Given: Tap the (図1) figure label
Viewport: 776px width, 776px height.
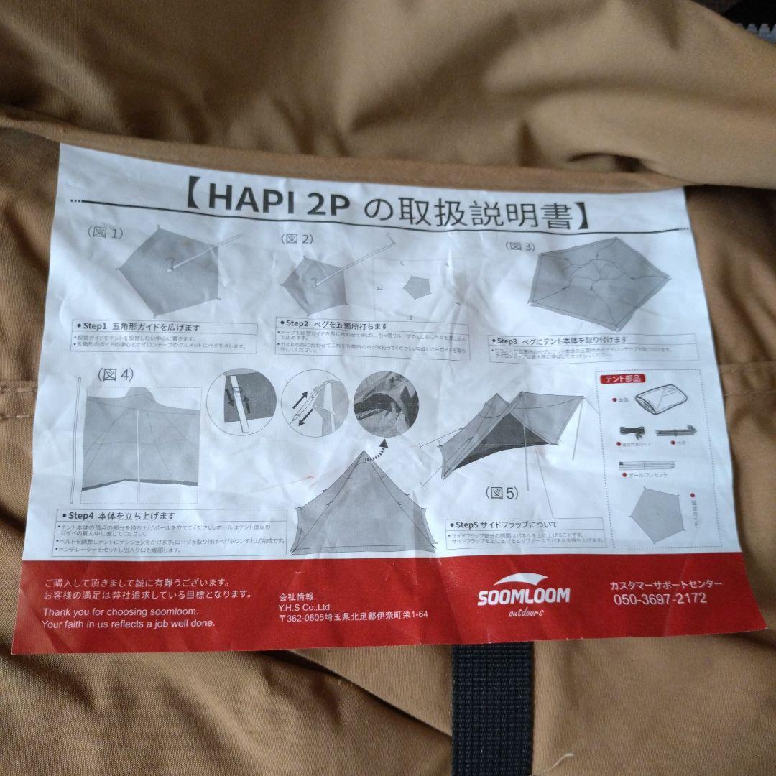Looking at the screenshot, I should tap(105, 233).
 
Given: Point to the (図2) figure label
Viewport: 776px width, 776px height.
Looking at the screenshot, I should tap(297, 239).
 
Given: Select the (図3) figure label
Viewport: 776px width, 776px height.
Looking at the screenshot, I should tap(521, 246).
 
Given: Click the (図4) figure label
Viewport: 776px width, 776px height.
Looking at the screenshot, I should tap(115, 374).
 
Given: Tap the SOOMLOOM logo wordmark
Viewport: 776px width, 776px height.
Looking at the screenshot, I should tap(524, 596).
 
